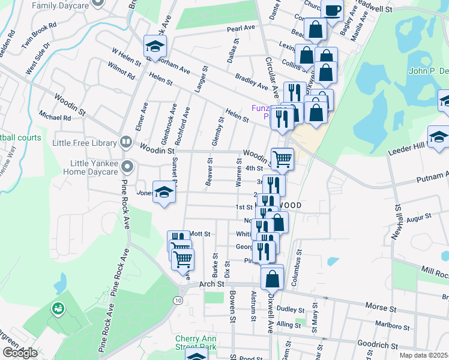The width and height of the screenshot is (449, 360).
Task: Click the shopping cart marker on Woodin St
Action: (282, 158)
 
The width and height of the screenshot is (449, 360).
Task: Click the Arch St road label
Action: (211, 283)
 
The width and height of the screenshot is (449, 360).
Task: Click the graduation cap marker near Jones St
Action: (163, 192)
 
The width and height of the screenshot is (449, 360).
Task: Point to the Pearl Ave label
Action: (241, 28)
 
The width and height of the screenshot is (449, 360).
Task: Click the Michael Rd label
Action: (54, 118)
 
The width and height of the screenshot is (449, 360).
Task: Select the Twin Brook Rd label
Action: (38, 35)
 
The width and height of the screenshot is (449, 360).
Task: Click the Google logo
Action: (20, 353)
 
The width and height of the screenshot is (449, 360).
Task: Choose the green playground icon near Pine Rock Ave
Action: (58, 308)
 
